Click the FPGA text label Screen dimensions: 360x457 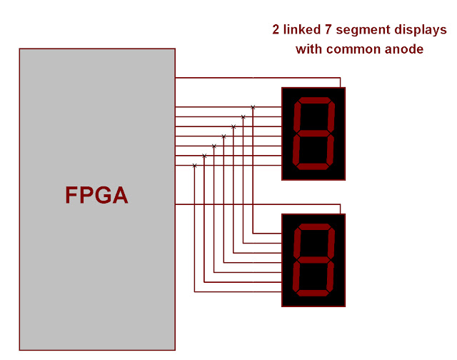tap(96, 195)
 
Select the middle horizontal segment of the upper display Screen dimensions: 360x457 tap(313, 134)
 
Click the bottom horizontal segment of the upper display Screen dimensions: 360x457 tap(312, 166)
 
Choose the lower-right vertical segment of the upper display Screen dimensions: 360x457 tap(329, 150)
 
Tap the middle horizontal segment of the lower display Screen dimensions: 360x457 tap(313, 260)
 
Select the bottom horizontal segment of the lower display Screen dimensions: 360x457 tap(312, 293)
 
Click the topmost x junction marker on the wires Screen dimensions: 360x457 tap(253, 107)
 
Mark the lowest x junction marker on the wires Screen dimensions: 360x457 tap(194, 166)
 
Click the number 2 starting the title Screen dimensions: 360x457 tap(276, 30)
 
